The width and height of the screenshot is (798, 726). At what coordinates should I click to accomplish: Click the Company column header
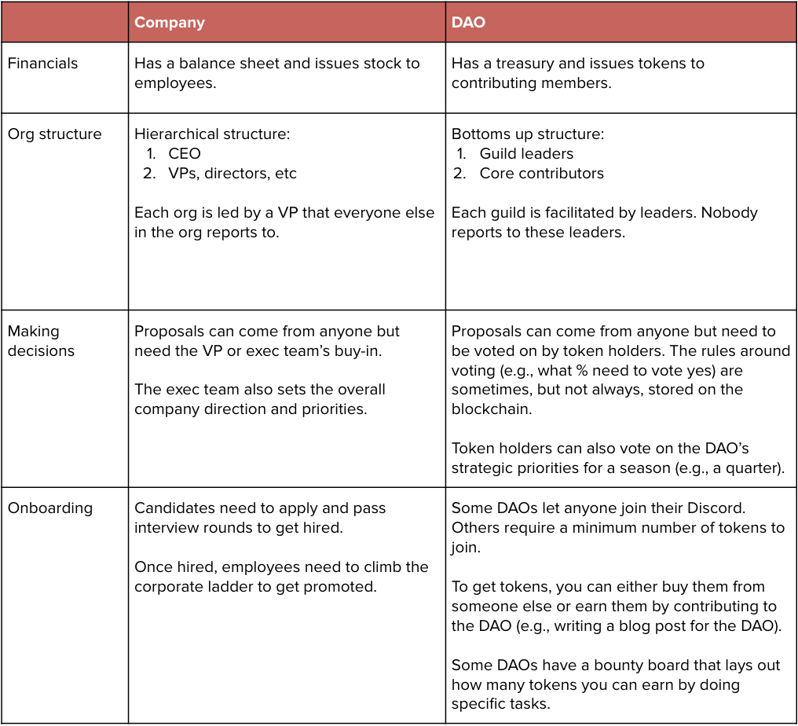pyautogui.click(x=169, y=23)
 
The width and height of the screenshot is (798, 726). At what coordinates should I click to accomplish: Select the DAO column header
pyautogui.click(x=468, y=23)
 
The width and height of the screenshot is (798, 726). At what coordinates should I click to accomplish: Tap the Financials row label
pyautogui.click(x=42, y=64)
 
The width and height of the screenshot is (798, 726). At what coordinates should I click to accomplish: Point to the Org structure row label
pyautogui.click(x=54, y=134)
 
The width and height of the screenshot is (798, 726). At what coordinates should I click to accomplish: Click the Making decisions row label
pyautogui.click(x=41, y=341)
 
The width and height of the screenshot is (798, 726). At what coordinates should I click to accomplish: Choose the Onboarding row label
pyautogui.click(x=49, y=508)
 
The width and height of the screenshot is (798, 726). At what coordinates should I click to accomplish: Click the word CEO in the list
pyautogui.click(x=184, y=154)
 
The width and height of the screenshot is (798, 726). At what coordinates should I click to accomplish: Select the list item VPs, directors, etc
pyautogui.click(x=232, y=174)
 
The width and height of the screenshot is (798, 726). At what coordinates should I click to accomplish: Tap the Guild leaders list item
pyautogui.click(x=526, y=154)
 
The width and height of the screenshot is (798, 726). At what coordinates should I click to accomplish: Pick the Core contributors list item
pyautogui.click(x=541, y=174)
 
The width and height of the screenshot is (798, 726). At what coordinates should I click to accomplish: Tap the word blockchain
pyautogui.click(x=491, y=409)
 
